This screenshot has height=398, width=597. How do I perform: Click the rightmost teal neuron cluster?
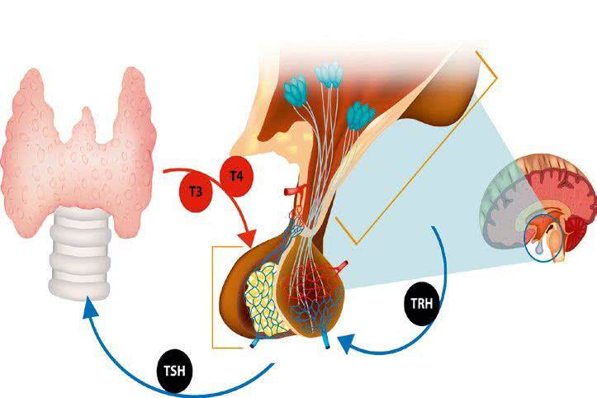357,116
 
